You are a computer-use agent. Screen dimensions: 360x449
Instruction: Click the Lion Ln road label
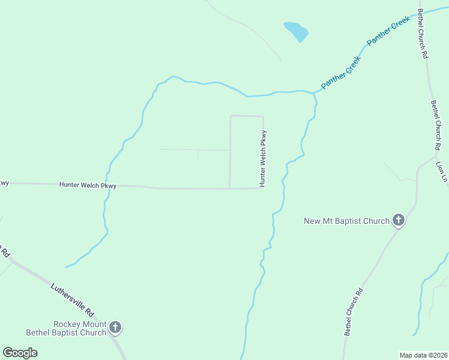(441, 172)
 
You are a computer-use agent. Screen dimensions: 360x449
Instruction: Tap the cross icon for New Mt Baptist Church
(398, 221)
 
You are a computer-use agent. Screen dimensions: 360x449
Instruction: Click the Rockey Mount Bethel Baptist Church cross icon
(115, 328)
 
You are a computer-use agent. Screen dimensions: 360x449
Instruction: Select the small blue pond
(296, 31)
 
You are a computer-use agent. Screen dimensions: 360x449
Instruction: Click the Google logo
(20, 353)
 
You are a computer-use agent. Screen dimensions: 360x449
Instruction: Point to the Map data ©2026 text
(423, 355)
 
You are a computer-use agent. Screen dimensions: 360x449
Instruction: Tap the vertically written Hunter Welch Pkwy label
(262, 159)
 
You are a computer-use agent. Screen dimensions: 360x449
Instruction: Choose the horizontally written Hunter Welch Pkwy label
(88, 185)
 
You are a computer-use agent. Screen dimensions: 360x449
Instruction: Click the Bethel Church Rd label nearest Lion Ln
(436, 125)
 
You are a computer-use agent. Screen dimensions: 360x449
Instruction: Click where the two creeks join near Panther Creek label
(313, 93)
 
